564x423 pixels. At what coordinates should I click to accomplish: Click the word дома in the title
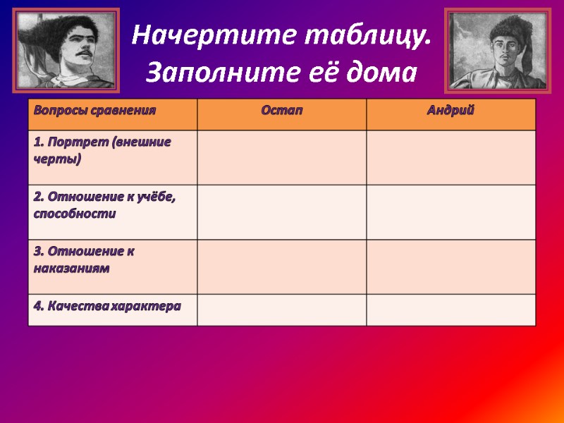(383, 72)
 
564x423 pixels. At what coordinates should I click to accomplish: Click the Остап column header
(282, 111)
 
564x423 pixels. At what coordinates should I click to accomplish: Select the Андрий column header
(450, 111)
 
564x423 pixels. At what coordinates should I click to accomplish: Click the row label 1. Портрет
(102, 150)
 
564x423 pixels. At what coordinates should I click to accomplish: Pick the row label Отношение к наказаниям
(85, 259)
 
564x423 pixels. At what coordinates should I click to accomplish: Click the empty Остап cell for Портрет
(282, 157)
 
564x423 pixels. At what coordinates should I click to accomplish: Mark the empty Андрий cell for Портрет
(451, 157)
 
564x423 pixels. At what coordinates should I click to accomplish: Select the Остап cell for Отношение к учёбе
(282, 212)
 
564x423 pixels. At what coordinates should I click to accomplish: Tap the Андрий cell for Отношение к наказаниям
(451, 266)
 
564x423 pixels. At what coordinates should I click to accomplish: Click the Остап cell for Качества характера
(282, 309)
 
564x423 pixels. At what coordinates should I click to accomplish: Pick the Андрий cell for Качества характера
(451, 309)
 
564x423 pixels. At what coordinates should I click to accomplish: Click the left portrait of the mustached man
(66, 50)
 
